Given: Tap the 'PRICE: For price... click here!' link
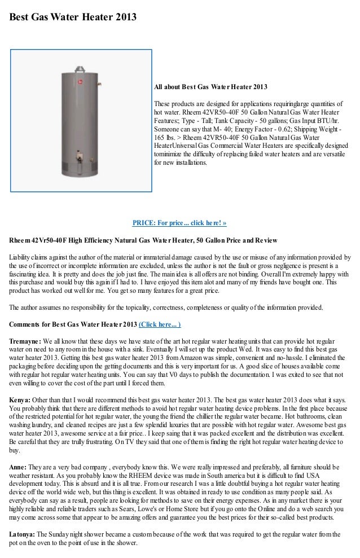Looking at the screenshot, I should pos(179,222).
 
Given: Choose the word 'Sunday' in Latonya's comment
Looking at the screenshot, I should pos(60,534).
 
